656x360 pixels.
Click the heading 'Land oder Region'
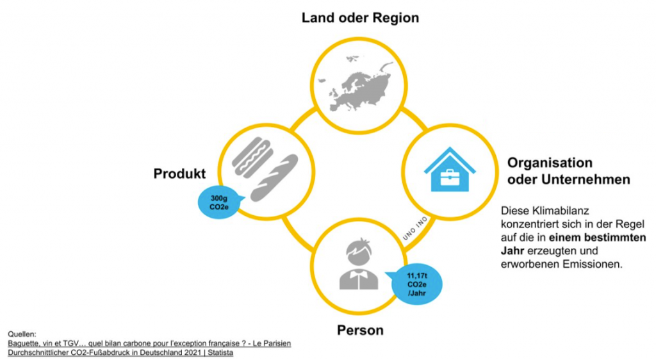(360, 18)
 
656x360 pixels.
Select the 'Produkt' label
(179, 174)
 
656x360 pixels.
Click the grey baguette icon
(274, 177)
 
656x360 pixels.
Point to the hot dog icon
(252, 157)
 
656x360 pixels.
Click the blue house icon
(450, 169)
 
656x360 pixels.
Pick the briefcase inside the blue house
(450, 177)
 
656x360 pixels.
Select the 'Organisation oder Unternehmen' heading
(569, 171)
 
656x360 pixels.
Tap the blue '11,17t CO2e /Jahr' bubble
(415, 284)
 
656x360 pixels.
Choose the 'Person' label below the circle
(360, 331)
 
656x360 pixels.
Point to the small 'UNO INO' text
(415, 228)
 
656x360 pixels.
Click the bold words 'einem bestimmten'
(598, 238)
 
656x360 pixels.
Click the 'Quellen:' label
(22, 334)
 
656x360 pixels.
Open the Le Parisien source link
(149, 343)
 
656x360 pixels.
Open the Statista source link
(120, 352)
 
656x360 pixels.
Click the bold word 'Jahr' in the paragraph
(512, 251)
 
